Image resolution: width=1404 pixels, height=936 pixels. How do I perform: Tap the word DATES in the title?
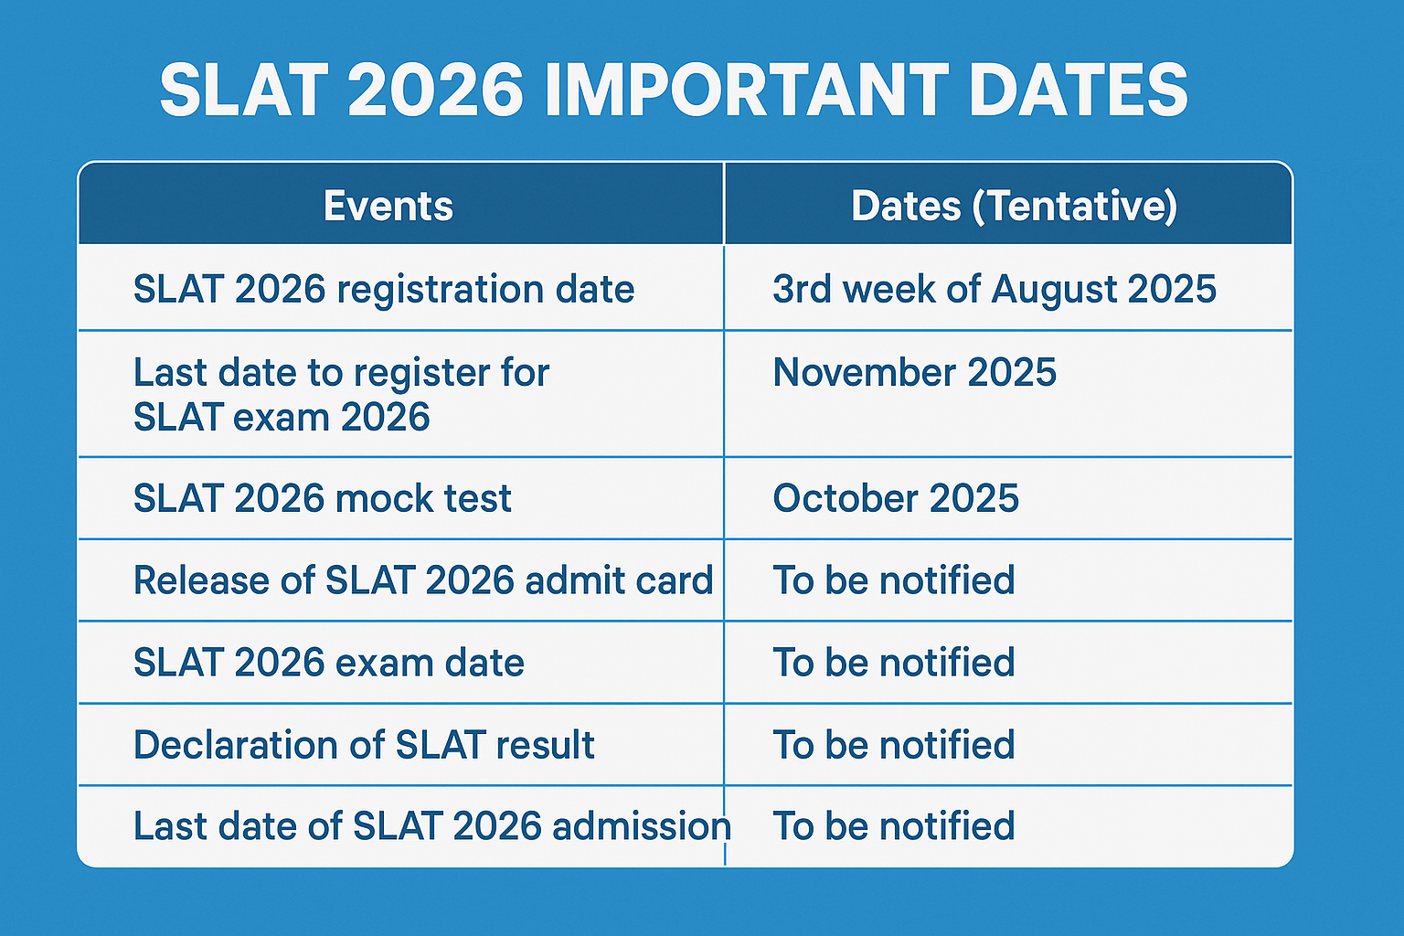coord(1079,90)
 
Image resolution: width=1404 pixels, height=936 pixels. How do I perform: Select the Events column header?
coord(388,206)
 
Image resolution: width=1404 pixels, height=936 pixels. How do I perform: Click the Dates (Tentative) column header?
coord(1014,207)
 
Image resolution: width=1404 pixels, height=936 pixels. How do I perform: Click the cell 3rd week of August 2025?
coord(994,290)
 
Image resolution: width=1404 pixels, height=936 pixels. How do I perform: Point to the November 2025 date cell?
coord(914,372)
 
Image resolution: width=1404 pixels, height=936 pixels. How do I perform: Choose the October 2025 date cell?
coord(896,498)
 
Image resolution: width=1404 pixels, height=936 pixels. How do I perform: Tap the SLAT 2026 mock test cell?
coord(322,498)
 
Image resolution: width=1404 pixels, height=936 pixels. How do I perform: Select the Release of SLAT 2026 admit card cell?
coord(424,580)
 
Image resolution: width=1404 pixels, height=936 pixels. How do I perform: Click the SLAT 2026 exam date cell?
coord(328,663)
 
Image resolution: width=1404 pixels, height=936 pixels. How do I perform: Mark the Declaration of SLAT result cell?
coord(364,745)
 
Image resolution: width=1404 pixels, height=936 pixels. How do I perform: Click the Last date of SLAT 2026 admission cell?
coord(432,825)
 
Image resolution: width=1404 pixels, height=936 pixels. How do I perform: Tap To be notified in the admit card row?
coord(894,580)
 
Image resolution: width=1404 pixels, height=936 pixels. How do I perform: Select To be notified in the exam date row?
coord(894,663)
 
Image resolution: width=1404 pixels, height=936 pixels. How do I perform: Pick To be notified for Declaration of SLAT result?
coord(894,745)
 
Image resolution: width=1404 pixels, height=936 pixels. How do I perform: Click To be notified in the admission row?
coord(894,825)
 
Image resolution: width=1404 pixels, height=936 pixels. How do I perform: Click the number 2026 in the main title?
coord(435,90)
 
